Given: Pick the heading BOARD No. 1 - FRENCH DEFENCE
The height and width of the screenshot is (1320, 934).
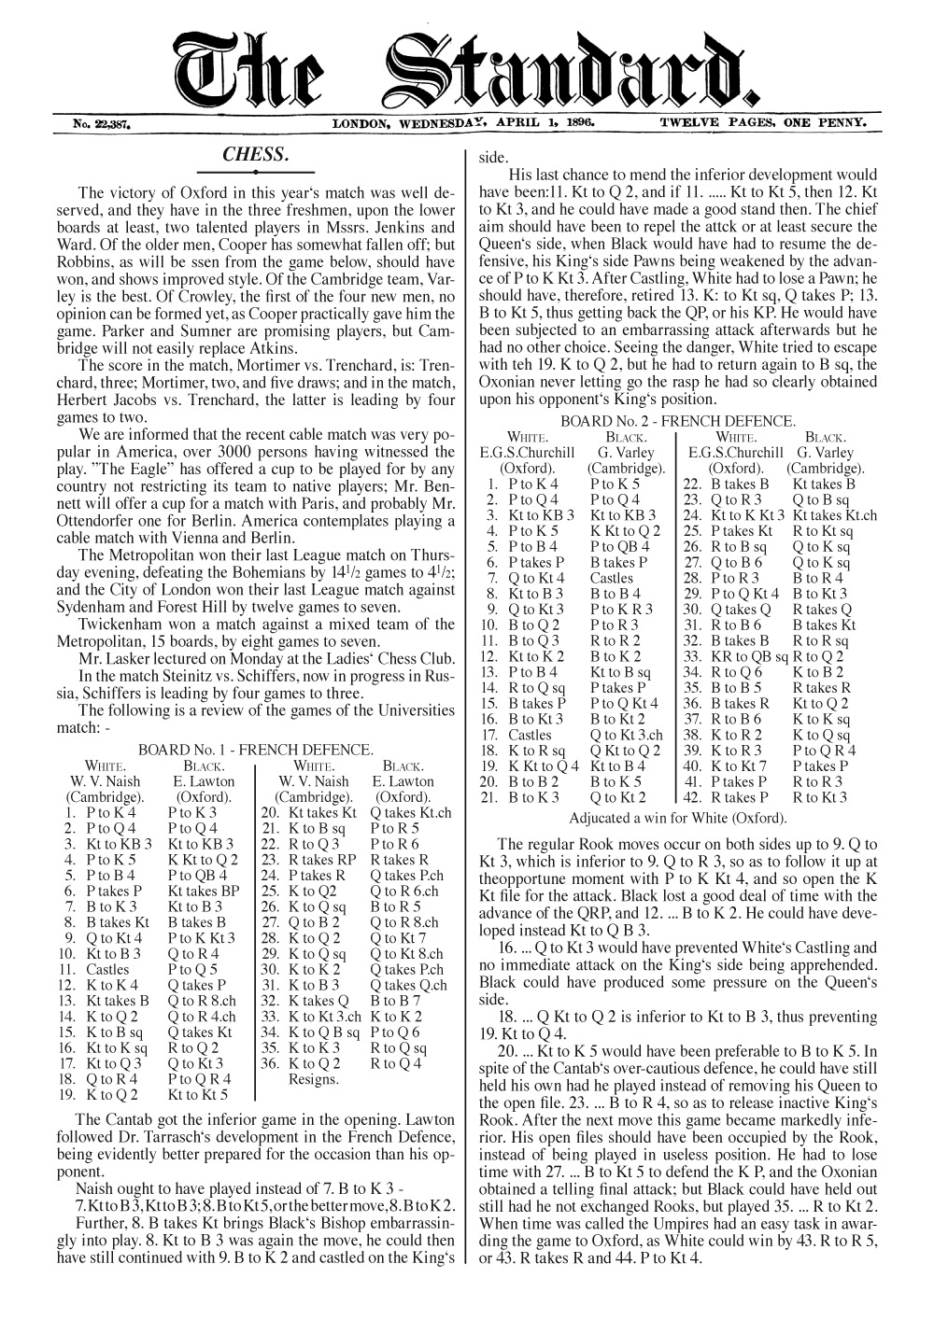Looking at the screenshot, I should pos(256,750).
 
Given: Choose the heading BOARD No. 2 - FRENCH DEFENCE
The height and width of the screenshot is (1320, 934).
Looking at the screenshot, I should pos(677,422).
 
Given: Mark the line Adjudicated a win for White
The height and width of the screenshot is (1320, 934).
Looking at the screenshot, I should pos(677,818).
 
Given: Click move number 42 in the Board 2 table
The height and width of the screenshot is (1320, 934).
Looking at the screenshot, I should pos(692,797).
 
